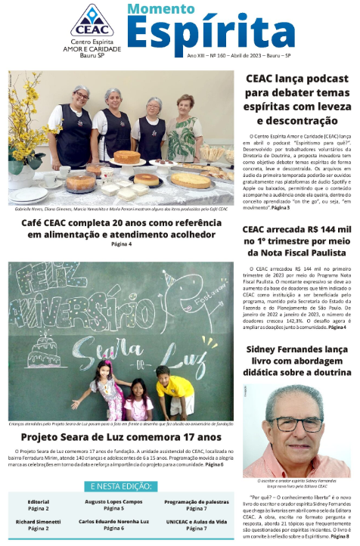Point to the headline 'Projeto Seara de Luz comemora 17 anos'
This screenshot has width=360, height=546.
pyautogui.click(x=121, y=436)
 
